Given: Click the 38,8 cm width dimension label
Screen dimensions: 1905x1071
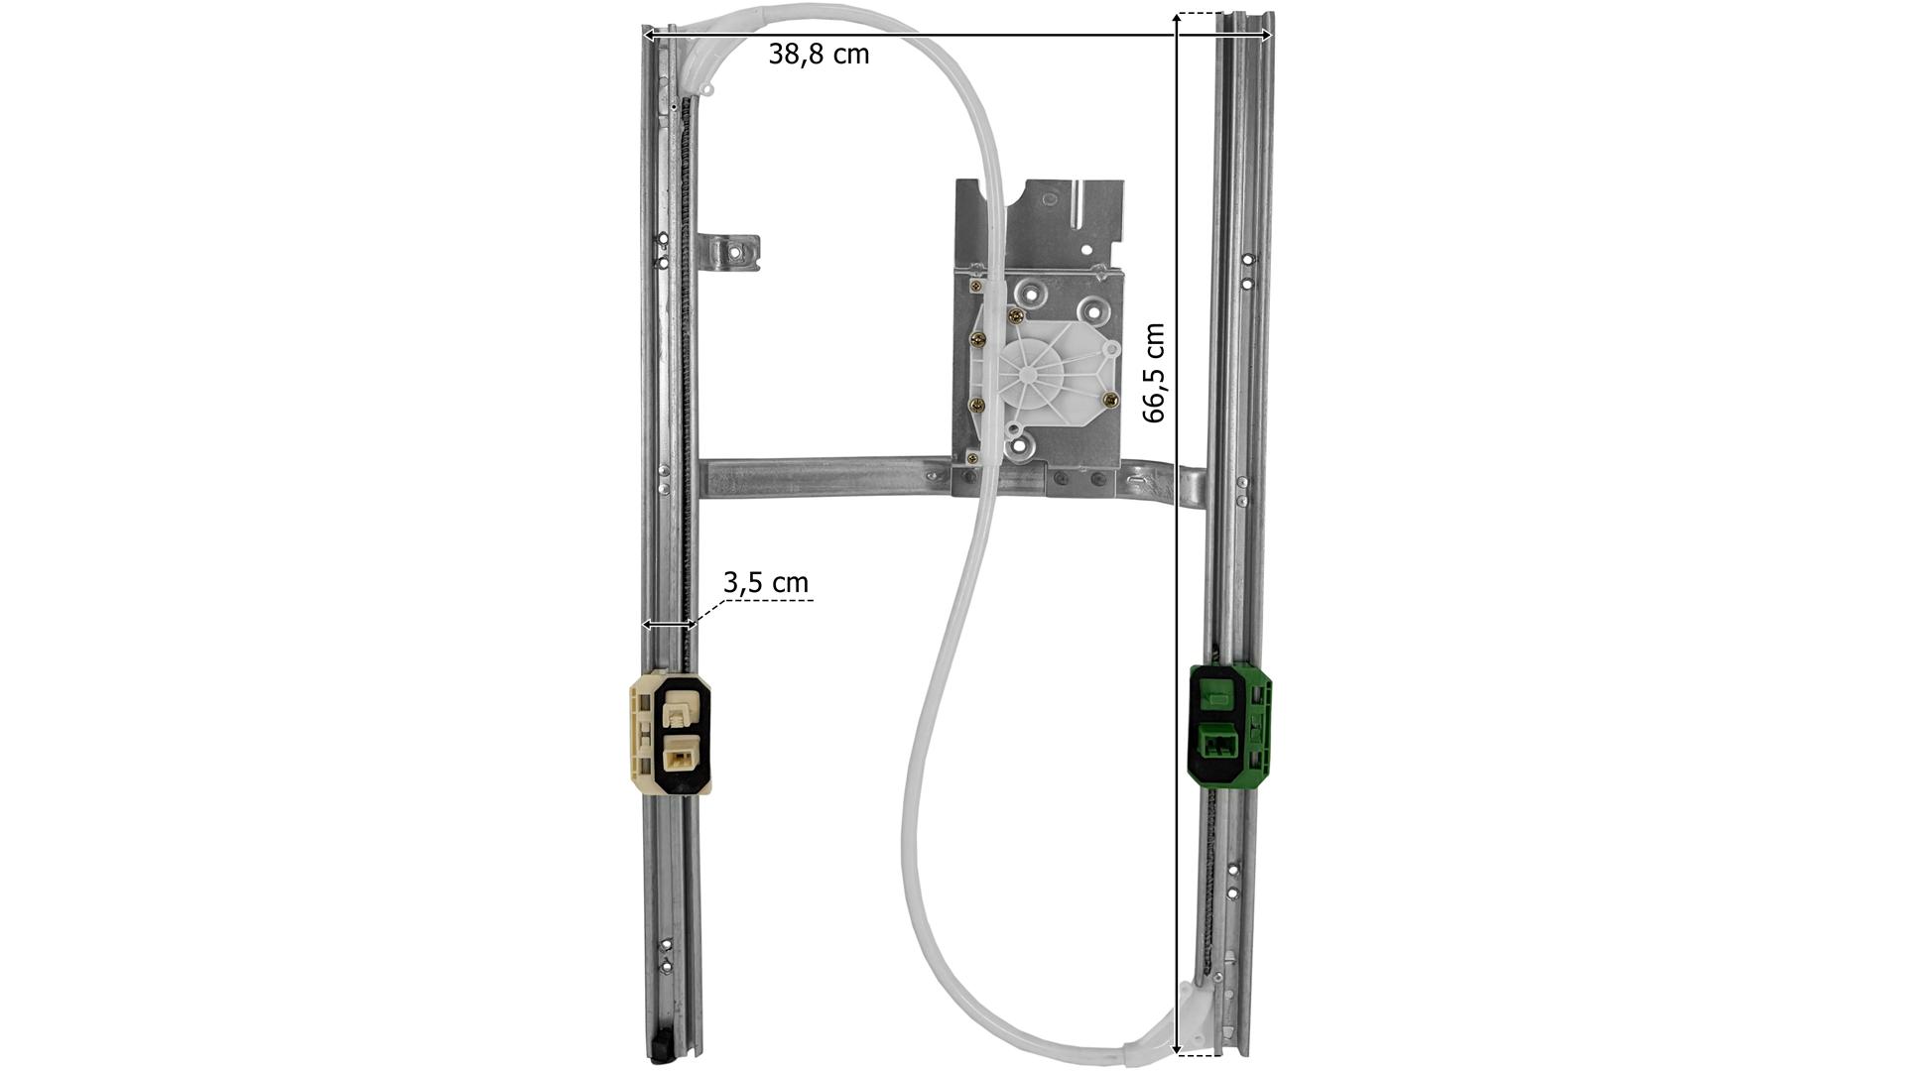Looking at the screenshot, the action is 819,55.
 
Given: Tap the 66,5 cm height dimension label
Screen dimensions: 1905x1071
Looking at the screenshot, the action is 1154,373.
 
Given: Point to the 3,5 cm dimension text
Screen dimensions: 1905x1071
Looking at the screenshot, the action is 765,582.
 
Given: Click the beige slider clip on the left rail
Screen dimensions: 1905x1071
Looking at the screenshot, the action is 671,733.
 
